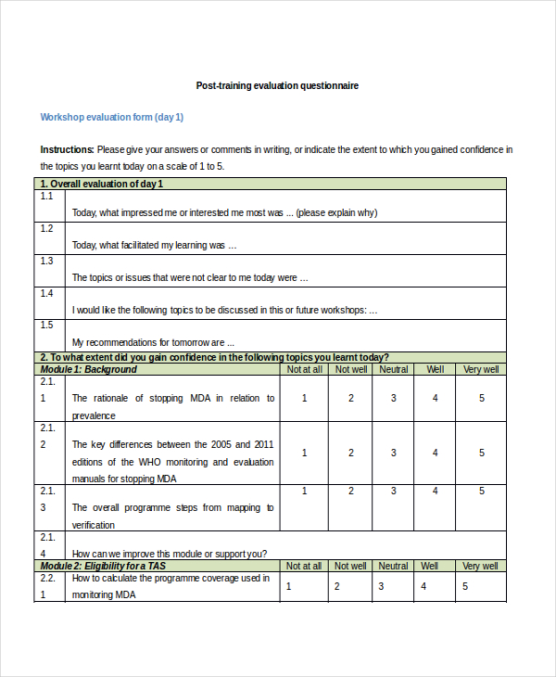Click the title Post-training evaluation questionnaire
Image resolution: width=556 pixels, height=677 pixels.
coord(277,85)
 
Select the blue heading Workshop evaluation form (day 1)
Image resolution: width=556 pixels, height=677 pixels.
coord(112,117)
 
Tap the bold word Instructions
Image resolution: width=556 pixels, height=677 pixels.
coord(67,149)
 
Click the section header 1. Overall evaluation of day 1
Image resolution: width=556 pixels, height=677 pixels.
coord(107,184)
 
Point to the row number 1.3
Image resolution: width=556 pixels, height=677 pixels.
coord(46,261)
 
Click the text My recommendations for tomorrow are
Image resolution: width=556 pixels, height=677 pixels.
coord(147,341)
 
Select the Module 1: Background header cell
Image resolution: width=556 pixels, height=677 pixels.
coord(89,369)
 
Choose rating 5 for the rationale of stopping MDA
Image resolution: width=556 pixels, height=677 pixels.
coord(482,398)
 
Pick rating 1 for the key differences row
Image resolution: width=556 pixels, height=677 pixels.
coord(305,453)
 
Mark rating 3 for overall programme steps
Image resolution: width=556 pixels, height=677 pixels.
coord(393,507)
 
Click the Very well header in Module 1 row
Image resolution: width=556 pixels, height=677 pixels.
coord(481,369)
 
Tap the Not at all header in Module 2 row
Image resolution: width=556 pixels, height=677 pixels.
coord(304,566)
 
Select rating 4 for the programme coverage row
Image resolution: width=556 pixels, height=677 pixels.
coord(423,586)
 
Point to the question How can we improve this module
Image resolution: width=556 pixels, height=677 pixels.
coord(170,554)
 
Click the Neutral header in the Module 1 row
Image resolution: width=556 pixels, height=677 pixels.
coord(393,369)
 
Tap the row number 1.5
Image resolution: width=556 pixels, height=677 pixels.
coord(46,326)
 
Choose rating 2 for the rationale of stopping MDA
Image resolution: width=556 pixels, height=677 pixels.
coord(351,398)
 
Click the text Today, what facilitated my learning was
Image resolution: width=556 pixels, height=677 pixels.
coord(155,246)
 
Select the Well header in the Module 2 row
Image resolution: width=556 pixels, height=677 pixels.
coord(430,566)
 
